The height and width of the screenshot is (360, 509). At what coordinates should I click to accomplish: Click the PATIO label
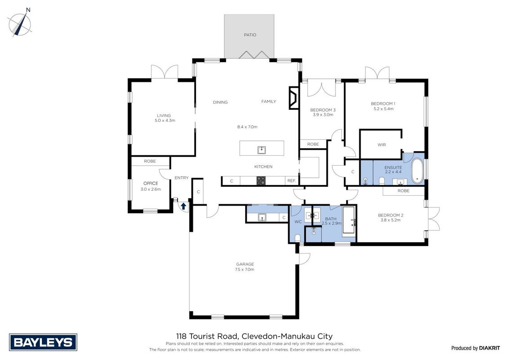click(x=250, y=35)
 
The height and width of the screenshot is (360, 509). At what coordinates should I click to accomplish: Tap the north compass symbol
click(x=20, y=23)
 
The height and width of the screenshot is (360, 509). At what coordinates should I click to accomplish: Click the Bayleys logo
click(x=43, y=342)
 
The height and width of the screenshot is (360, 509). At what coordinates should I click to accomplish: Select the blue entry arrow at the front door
click(x=183, y=206)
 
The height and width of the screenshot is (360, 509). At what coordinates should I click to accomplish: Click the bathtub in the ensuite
click(x=417, y=171)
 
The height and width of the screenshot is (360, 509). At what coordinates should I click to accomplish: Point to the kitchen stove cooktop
click(x=261, y=180)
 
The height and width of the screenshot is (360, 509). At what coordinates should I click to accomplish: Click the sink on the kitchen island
click(x=262, y=150)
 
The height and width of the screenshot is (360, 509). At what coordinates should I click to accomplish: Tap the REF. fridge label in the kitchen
click(x=291, y=180)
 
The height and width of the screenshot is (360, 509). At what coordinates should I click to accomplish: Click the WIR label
click(x=382, y=144)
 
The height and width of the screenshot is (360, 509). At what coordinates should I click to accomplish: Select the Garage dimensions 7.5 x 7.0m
click(x=245, y=270)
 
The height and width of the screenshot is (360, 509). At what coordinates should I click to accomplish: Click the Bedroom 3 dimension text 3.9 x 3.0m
click(x=323, y=115)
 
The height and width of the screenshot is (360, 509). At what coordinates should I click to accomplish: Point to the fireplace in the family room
click(x=294, y=98)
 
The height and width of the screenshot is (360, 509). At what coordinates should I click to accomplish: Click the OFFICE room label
click(x=151, y=184)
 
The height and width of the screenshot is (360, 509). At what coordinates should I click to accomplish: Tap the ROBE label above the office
click(x=150, y=161)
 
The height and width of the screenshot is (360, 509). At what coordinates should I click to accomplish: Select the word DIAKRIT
click(x=490, y=348)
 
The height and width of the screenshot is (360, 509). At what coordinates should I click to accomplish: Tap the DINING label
click(x=220, y=102)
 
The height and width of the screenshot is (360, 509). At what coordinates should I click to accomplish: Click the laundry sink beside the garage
click(x=262, y=217)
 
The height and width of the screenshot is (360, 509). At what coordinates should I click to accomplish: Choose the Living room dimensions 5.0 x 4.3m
click(x=165, y=121)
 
